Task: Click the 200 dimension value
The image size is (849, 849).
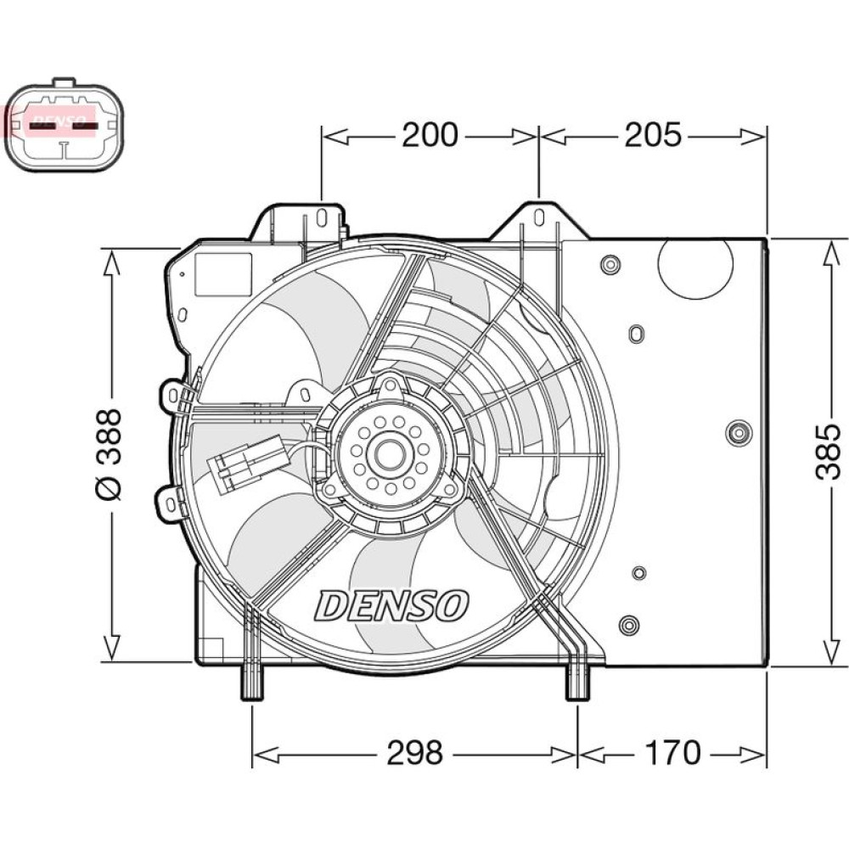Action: coord(429,135)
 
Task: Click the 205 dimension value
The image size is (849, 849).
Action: coord(653,135)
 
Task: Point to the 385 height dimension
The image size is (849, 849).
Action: coord(828,450)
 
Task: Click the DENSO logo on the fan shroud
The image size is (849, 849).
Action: coord(392,605)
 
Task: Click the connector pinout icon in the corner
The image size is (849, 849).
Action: coord(64,127)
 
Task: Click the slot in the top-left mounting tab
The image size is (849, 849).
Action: coord(321,217)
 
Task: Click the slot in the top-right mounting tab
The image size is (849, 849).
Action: coord(538,217)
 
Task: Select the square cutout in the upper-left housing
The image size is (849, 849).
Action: coord(223,274)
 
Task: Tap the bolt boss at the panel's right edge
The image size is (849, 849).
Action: coord(739,432)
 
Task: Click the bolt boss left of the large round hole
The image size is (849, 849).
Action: coord(610,265)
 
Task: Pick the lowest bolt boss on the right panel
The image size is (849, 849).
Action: coord(628,626)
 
